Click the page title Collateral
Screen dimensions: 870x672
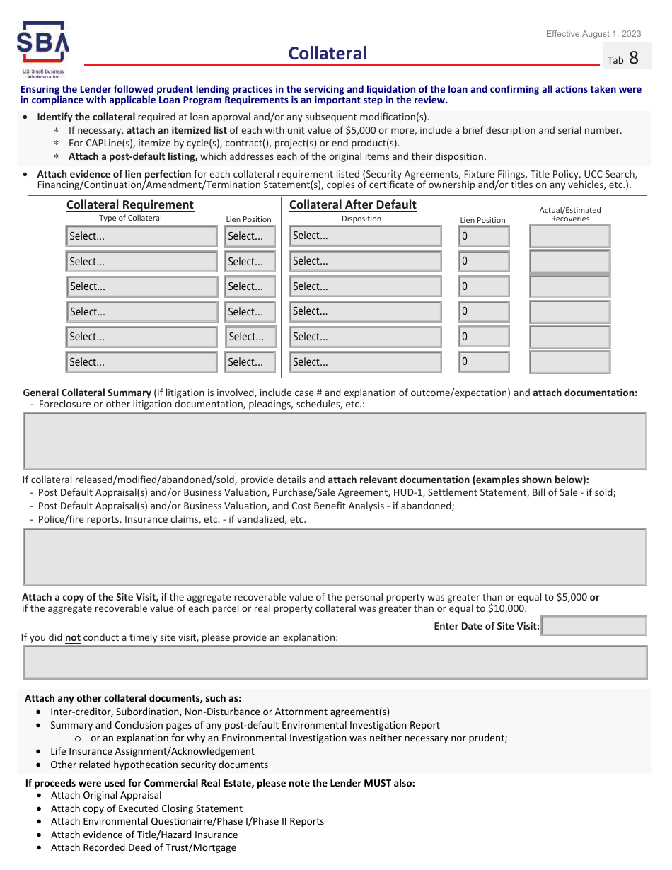(328, 53)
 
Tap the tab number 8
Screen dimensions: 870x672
(633, 58)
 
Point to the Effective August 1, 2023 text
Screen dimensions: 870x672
(593, 34)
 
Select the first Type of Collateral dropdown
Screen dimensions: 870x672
(141, 236)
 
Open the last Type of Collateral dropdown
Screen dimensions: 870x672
(141, 362)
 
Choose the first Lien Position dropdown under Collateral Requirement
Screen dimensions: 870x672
(250, 236)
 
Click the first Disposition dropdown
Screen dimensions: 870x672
(365, 236)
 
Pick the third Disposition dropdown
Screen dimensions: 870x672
(365, 286)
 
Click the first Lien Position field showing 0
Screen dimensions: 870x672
(484, 236)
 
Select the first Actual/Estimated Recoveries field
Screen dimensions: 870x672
(569, 236)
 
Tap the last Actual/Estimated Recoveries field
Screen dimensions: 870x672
(569, 362)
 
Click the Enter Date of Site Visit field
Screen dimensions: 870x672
(593, 626)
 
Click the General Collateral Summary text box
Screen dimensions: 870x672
(335, 441)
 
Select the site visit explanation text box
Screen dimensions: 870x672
(335, 662)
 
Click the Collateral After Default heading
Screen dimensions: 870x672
(353, 204)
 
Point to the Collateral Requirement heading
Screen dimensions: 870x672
(129, 204)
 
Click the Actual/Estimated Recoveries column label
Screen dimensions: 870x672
(570, 214)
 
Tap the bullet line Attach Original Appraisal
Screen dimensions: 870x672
(106, 795)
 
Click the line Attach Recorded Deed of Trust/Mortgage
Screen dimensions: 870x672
(144, 847)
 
